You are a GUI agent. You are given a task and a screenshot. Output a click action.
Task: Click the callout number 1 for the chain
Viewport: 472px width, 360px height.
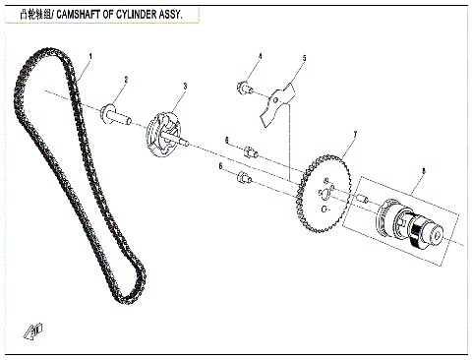coord(89,56)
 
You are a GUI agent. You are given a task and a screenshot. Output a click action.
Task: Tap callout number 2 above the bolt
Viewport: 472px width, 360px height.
coord(126,80)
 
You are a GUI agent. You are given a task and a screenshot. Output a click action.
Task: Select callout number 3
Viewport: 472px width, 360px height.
coord(183,88)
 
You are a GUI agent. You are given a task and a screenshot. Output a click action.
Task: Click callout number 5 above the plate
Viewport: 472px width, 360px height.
coord(305,60)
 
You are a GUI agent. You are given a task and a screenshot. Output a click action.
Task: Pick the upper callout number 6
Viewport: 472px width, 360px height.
coord(226,141)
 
